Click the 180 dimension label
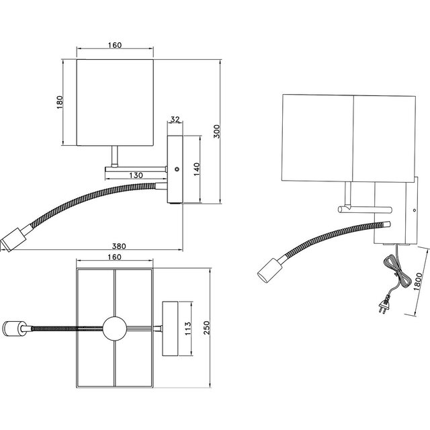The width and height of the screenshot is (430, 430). click(60, 102)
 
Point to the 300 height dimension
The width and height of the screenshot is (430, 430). click(216, 130)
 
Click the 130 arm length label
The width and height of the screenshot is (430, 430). click(137, 175)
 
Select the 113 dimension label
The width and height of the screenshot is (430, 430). click(189, 328)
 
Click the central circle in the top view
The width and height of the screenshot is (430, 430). click(114, 329)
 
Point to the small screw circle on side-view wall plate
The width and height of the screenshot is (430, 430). click(176, 169)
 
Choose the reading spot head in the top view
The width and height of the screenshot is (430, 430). click(14, 329)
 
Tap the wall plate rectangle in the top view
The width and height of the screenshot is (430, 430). click(169, 329)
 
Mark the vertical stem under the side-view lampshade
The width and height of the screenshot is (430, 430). click(116, 157)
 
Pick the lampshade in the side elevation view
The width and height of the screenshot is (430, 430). click(114, 102)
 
